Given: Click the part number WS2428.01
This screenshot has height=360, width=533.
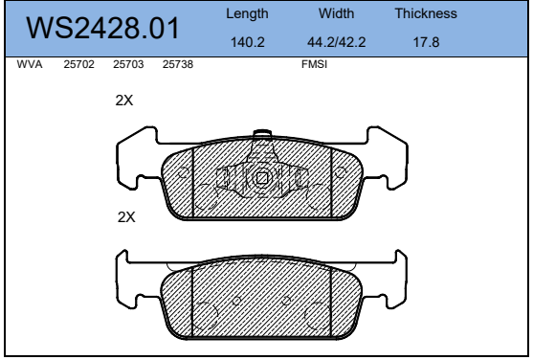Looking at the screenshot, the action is pos(102,28).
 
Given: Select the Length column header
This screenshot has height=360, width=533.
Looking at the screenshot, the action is pos(247,13).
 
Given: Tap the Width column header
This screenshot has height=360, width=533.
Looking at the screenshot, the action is pos(336,13).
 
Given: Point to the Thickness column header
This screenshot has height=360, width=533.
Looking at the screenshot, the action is pos(426,13).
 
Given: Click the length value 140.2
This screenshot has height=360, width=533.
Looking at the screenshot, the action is pos(248,42).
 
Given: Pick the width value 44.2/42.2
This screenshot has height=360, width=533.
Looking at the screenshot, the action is pos(336,42).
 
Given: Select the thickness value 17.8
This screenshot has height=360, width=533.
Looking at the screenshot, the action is pos(426,42).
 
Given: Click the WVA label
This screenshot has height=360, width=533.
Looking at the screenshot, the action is pos(30,64).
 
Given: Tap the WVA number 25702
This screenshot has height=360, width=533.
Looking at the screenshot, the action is pos(78,64).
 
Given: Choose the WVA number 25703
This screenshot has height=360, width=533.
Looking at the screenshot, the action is pos(128,64).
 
